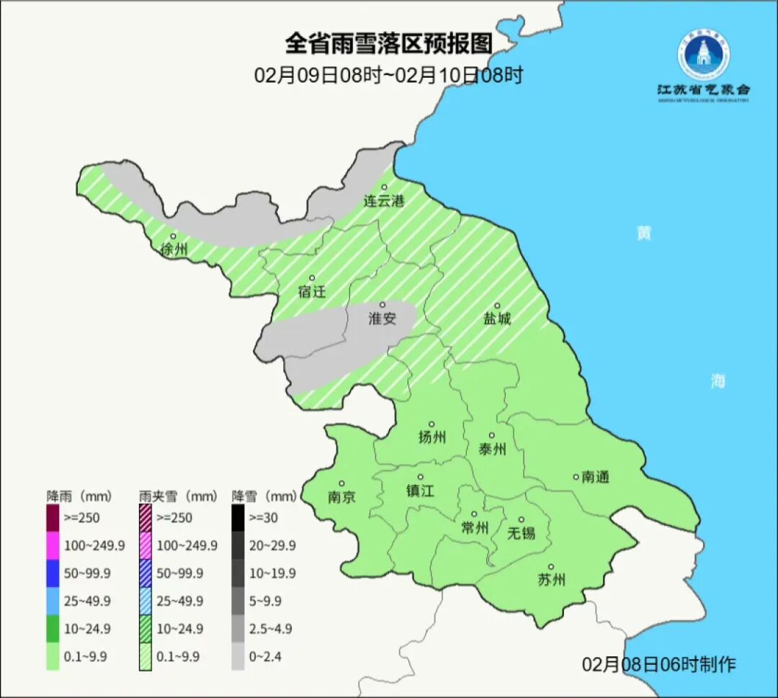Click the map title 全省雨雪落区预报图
tap(388, 44)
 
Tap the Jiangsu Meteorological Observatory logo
tap(703, 57)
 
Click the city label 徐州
tap(174, 250)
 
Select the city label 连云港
tap(384, 201)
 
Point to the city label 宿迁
tap(312, 292)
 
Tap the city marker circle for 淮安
tap(383, 305)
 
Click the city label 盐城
tap(497, 318)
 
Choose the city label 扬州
tap(432, 437)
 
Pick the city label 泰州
tap(492, 449)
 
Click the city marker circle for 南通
tap(576, 476)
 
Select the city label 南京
tap(341, 497)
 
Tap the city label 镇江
tap(421, 491)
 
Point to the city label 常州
tap(475, 528)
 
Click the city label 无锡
tap(522, 533)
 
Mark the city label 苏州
tap(552, 580)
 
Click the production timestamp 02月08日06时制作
tap(659, 663)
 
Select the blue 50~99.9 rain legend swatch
tap(53, 573)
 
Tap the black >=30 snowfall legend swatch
tap(238, 517)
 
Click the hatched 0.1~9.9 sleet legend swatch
tap(146, 657)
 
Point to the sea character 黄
tap(643, 233)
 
